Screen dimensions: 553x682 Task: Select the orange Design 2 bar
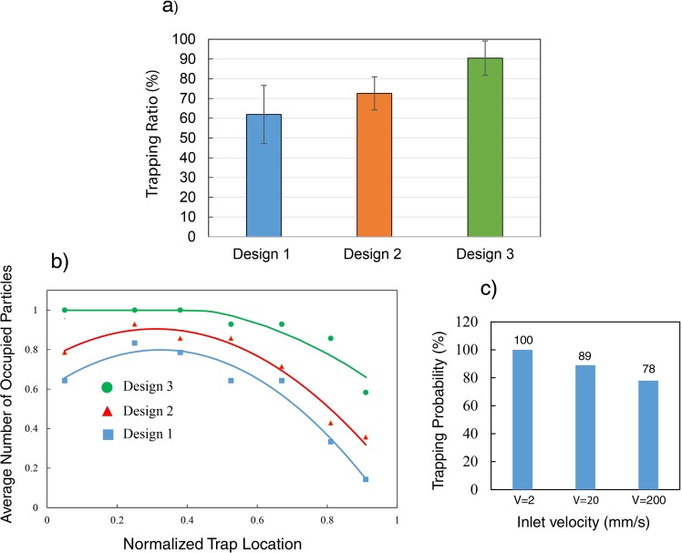tap(375, 165)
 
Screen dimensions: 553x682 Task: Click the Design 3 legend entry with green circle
tap(146, 386)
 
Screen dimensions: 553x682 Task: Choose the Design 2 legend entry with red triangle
tap(146, 410)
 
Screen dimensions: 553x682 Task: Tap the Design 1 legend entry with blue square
tap(146, 435)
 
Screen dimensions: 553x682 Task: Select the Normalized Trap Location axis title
tap(222, 542)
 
